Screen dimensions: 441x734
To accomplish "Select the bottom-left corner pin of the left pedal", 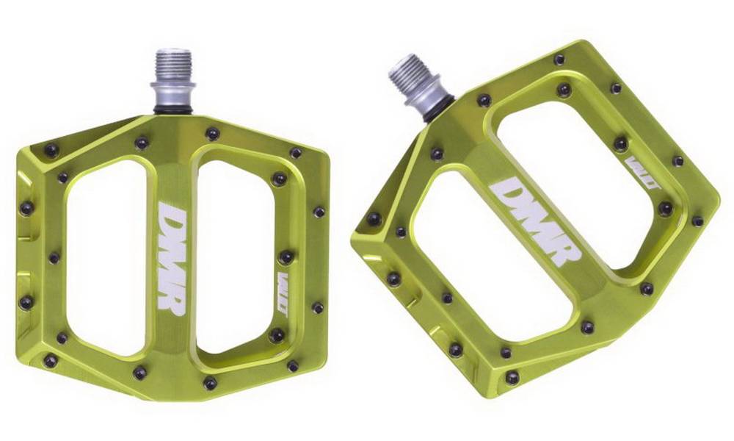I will point(50,360).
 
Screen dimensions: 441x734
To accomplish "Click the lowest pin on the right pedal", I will point(512,377).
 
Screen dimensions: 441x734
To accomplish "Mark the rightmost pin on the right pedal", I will point(697,220).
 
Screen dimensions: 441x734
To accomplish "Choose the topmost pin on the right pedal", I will point(559,59).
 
